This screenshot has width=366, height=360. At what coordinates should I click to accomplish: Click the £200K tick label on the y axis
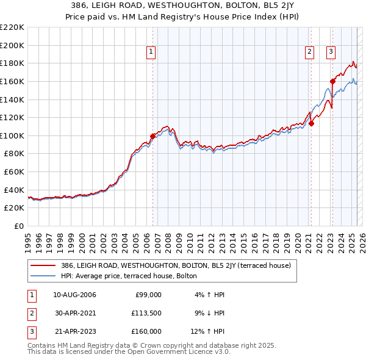click(12, 45)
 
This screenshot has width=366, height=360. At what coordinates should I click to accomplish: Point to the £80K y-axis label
click(14, 154)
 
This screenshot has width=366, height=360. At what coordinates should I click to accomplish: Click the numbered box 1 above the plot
click(151, 52)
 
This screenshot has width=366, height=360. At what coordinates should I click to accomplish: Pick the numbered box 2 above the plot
click(310, 52)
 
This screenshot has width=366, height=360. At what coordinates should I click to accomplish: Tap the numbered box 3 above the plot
click(331, 52)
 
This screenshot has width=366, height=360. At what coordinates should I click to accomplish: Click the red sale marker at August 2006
click(153, 136)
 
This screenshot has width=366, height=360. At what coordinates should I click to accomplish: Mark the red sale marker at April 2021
click(311, 123)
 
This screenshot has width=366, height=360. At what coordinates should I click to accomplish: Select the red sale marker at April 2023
click(332, 81)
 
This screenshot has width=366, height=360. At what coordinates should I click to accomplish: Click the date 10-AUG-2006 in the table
click(75, 295)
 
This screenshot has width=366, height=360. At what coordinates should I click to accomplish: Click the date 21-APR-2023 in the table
click(75, 331)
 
